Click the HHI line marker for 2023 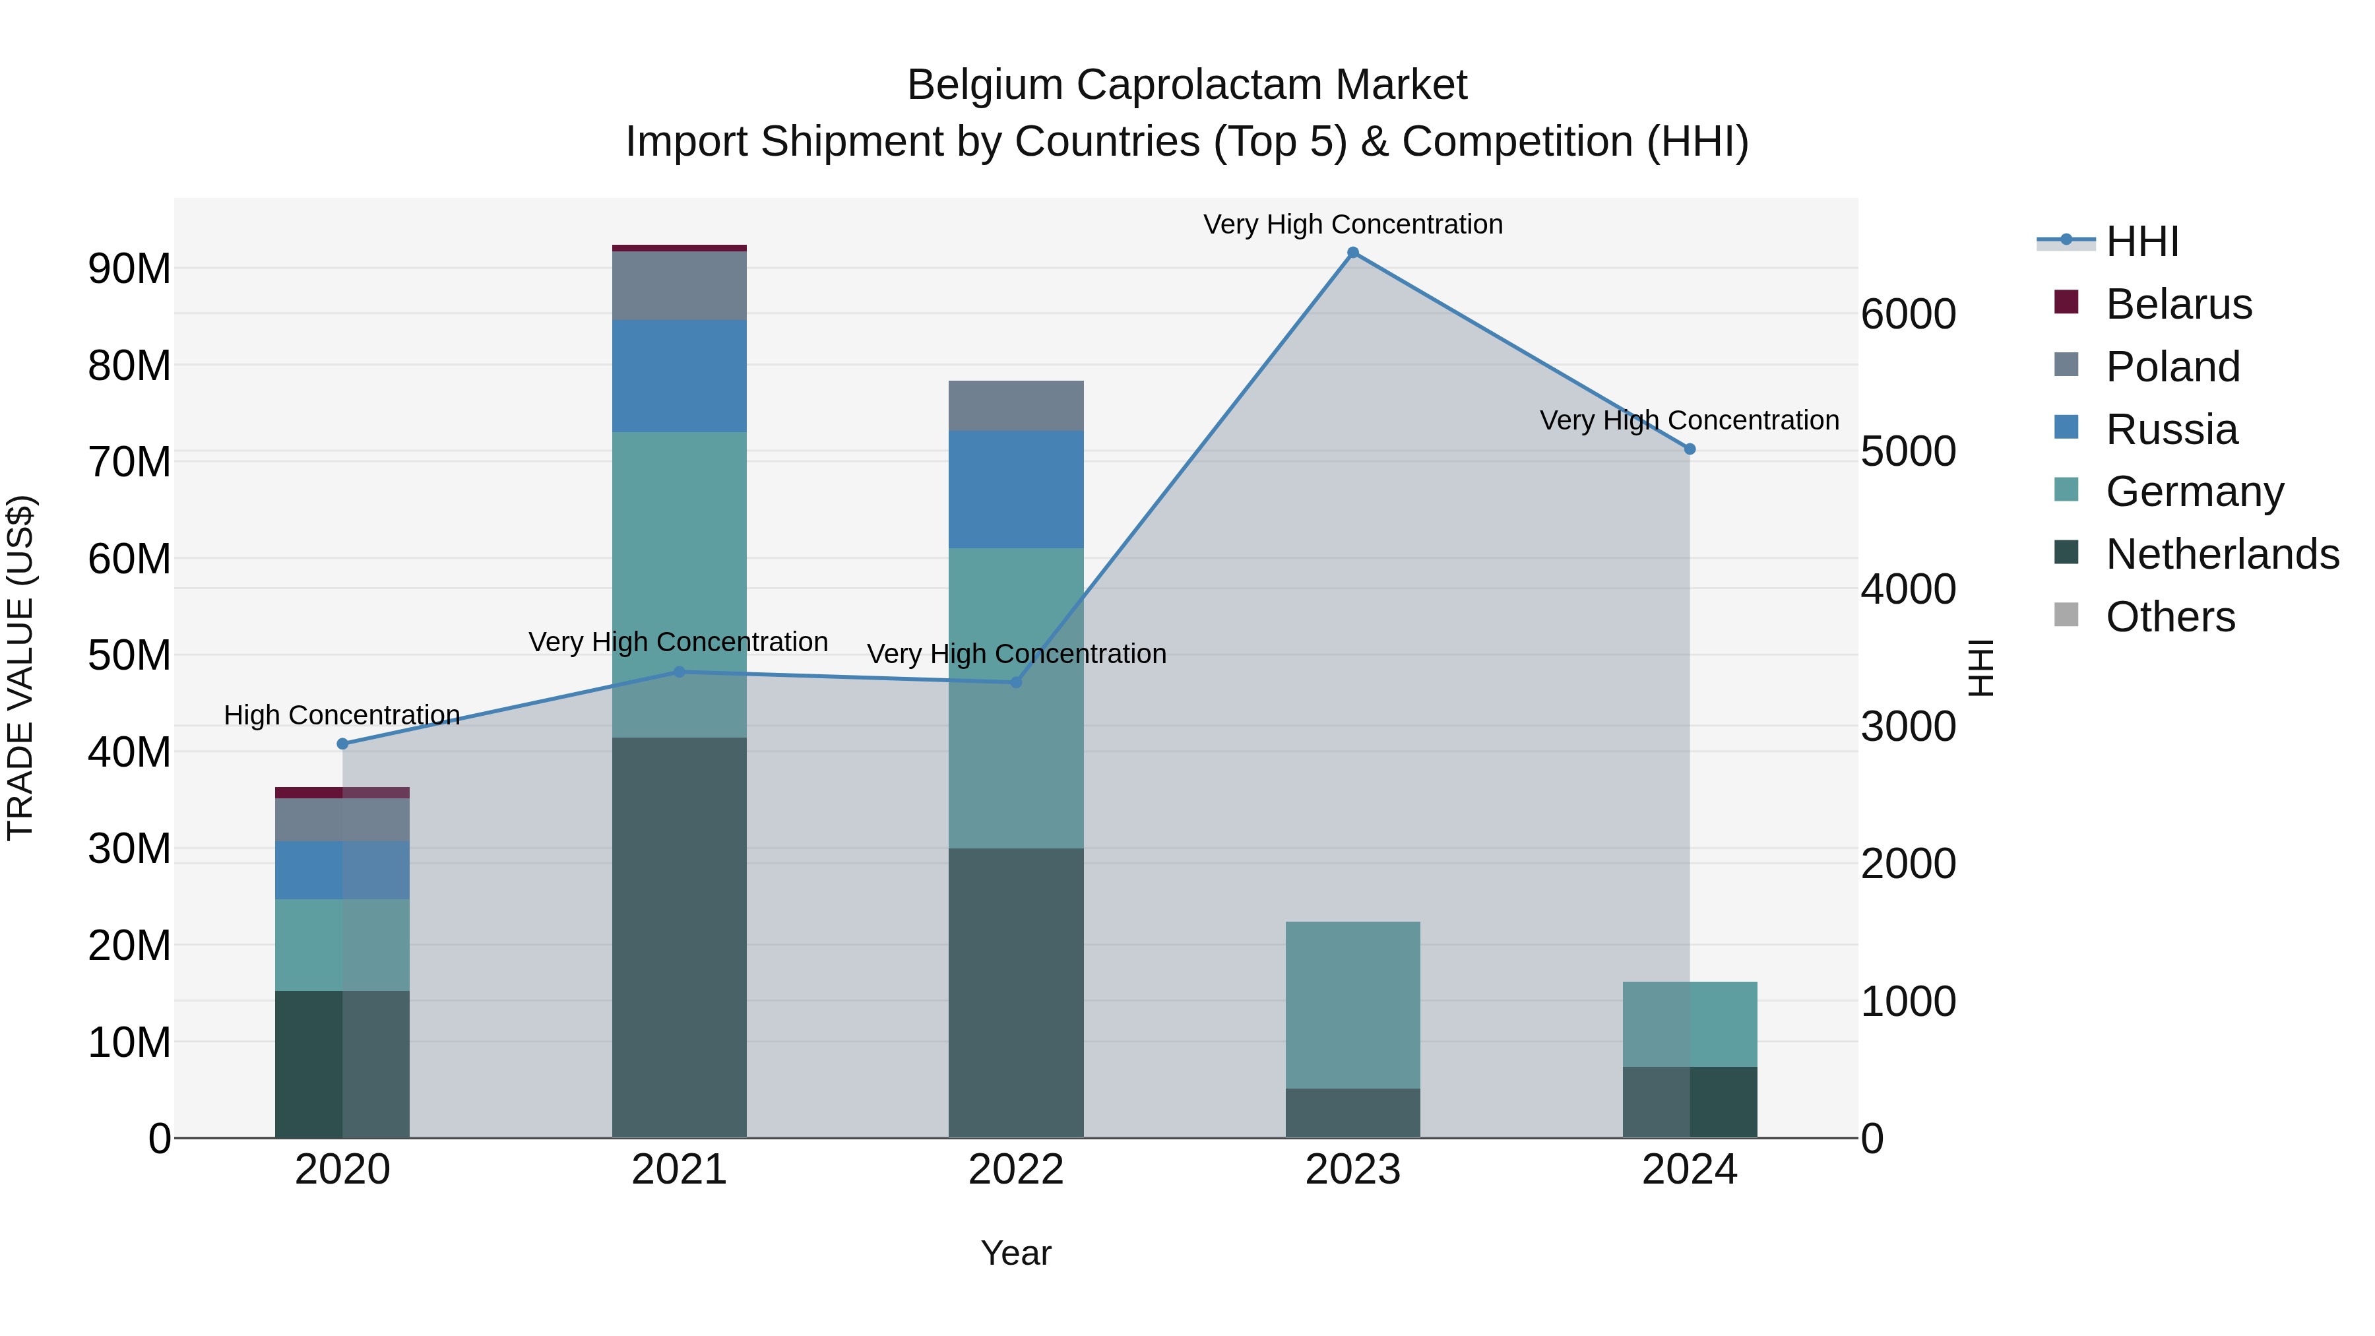point(1352,253)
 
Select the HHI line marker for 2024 point(1689,449)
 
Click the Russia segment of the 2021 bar point(679,376)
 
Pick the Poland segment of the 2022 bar point(1016,406)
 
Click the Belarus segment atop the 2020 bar point(342,793)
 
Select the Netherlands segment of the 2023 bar point(1352,1113)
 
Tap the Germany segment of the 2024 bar point(1689,1025)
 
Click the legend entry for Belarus point(2178,304)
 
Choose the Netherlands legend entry point(2222,554)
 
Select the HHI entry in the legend point(2141,241)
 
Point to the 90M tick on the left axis point(129,269)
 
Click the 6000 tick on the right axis point(1907,315)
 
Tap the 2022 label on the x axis point(1016,1170)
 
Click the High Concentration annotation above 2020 point(342,715)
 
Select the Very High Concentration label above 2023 point(1352,224)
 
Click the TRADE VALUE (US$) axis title point(20,668)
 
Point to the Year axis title point(1016,1253)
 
